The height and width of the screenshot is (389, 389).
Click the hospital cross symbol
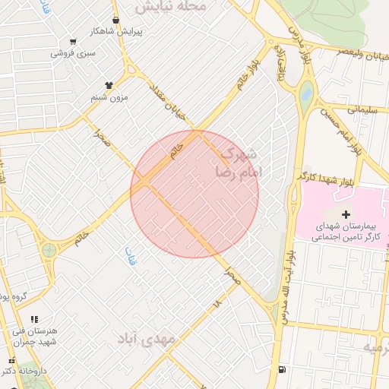click(346, 214)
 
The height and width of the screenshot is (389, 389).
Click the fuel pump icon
click(283, 370)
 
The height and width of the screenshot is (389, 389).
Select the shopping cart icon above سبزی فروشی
click(73, 42)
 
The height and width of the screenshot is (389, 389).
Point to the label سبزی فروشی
click(74, 53)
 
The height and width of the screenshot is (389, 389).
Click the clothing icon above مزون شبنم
click(109, 85)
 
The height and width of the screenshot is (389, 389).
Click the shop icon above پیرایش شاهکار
click(115, 21)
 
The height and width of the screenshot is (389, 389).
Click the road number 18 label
click(217, 304)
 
